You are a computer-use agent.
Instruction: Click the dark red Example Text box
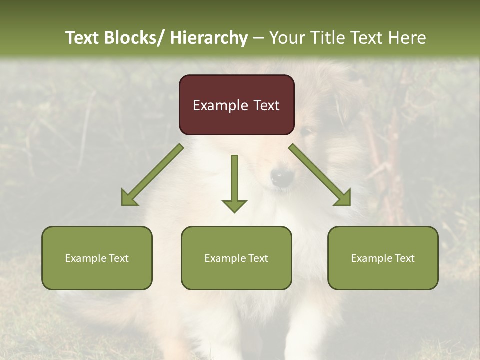tap(236, 105)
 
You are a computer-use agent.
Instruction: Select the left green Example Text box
tap(97, 258)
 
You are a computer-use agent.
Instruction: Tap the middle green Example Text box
tap(236, 258)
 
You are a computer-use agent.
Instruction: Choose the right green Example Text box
tap(383, 258)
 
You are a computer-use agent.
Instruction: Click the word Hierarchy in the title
tap(209, 38)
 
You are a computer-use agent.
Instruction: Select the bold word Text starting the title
tap(82, 38)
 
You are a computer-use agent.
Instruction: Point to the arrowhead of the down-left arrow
tap(129, 198)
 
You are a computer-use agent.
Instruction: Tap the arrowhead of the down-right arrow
tap(344, 198)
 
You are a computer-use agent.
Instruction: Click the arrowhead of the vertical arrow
tap(234, 206)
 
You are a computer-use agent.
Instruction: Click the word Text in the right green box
tap(404, 258)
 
